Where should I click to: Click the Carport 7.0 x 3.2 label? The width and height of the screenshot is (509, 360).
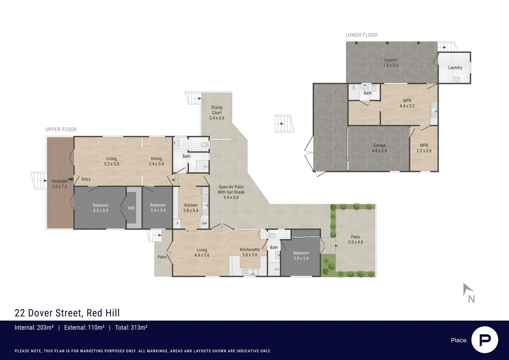(390, 63)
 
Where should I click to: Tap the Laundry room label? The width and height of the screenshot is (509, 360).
(455, 68)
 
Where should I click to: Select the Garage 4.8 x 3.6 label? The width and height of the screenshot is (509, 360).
(379, 148)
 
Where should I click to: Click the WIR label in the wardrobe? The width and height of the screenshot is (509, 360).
(131, 208)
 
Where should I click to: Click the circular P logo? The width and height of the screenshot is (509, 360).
(485, 340)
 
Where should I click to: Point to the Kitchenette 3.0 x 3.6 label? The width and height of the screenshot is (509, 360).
(250, 252)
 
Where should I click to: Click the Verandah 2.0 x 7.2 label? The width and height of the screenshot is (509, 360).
(60, 184)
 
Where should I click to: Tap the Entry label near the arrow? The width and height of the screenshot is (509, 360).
(86, 179)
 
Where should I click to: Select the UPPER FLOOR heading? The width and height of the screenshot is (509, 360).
(61, 129)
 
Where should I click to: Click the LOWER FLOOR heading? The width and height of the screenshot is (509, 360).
(361, 35)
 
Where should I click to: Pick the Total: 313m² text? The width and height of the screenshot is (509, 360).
(131, 328)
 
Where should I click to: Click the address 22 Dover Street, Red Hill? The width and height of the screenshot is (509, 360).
(67, 313)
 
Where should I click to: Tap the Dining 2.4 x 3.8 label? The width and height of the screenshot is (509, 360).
(156, 161)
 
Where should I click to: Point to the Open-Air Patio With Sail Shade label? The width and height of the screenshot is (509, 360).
(231, 192)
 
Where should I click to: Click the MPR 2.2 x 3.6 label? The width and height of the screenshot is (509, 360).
(424, 148)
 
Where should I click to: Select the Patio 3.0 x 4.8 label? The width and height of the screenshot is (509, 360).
(355, 240)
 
